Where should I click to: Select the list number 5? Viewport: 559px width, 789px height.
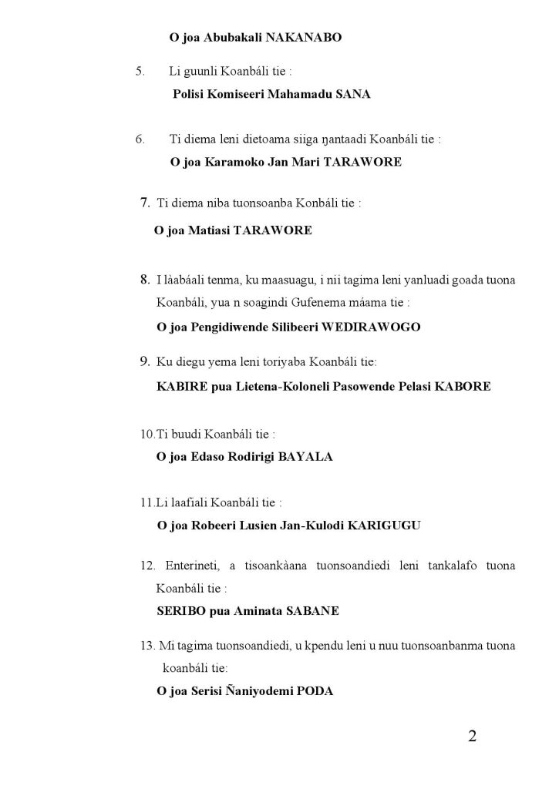(140, 72)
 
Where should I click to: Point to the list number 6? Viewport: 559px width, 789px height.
(140, 139)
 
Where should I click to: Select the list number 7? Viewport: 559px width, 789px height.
(144, 203)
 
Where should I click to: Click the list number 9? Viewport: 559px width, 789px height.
(144, 360)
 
